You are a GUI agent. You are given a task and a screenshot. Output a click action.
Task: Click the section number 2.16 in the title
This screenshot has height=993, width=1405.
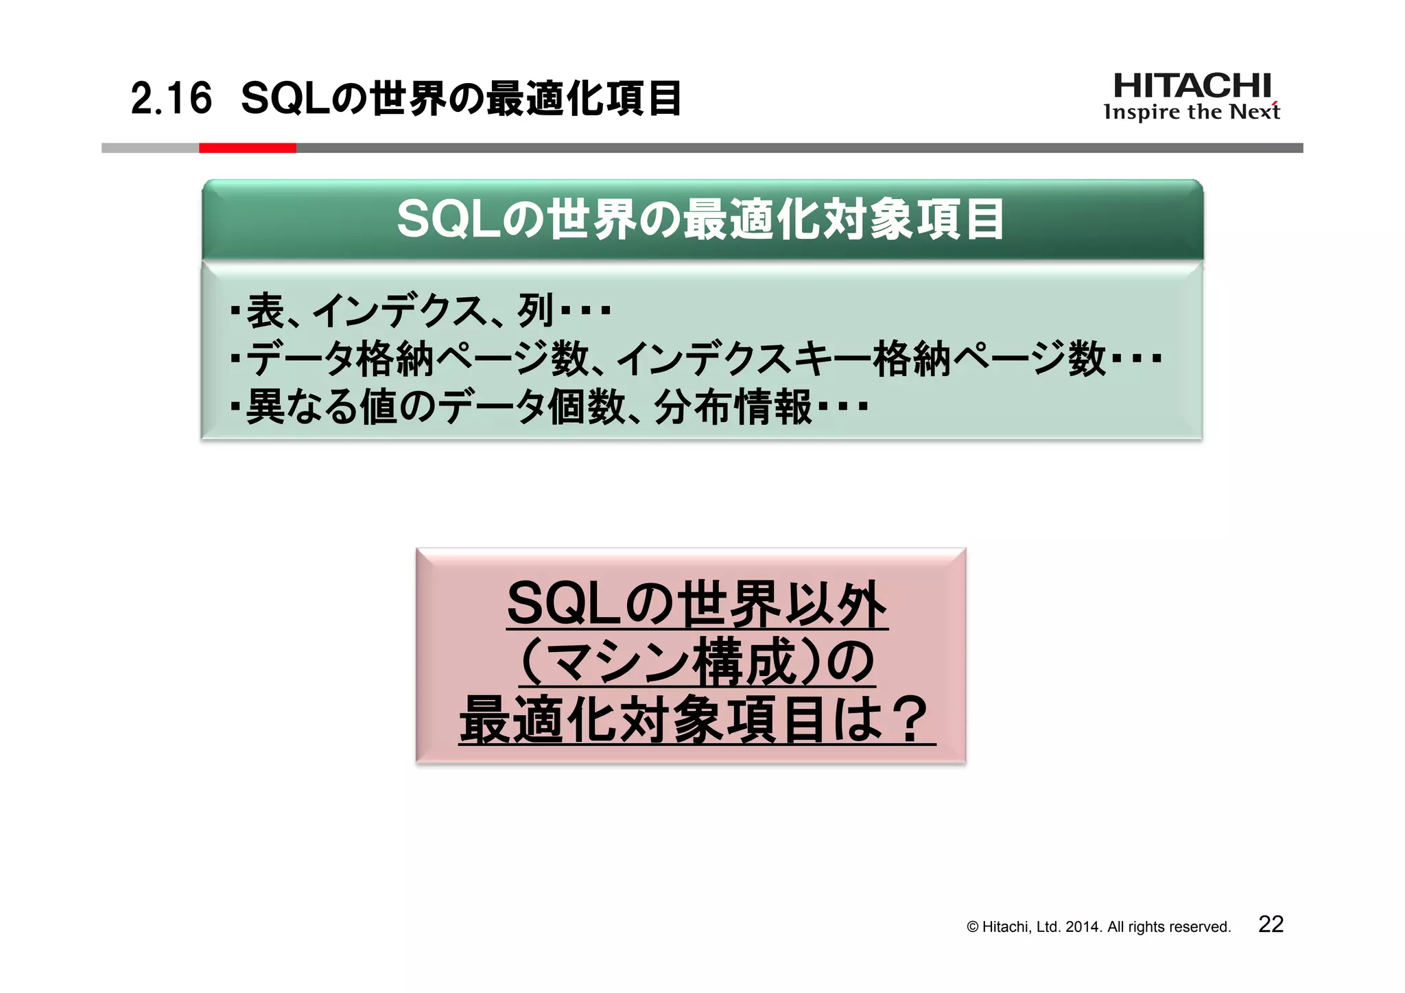(x=171, y=99)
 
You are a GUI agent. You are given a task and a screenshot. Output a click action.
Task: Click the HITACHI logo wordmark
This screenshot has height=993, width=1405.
(x=1192, y=86)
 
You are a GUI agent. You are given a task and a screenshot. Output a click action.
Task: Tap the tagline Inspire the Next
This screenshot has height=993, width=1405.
(x=1192, y=112)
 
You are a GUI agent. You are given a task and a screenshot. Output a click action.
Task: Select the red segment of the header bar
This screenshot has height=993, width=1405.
(x=247, y=148)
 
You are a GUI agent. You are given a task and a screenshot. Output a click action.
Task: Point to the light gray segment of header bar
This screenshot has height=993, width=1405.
(x=150, y=148)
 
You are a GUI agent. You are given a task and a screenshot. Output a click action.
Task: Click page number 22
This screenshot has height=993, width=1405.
(x=1271, y=924)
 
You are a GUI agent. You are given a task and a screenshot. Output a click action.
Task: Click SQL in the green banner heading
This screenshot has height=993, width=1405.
(x=449, y=220)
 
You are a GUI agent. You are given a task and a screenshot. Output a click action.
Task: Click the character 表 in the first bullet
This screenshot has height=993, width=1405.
(x=265, y=311)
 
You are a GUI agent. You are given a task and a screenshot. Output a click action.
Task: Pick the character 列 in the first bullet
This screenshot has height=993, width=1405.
(x=536, y=311)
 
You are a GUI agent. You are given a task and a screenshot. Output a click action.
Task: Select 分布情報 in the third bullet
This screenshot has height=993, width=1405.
(x=733, y=407)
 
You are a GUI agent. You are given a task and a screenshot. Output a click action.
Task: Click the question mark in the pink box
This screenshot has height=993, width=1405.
(x=910, y=719)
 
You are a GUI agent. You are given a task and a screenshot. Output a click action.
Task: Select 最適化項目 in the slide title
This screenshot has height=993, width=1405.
(x=583, y=99)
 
